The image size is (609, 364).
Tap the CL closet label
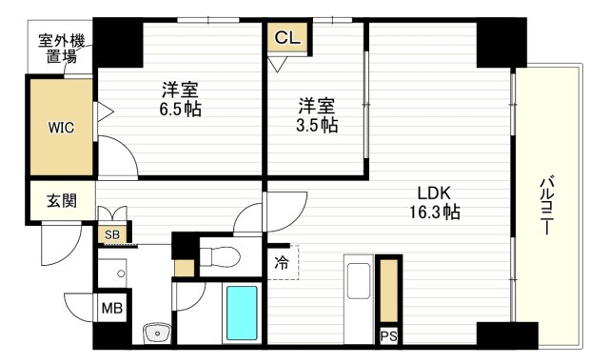(286, 38)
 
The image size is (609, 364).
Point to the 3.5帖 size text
(316, 125)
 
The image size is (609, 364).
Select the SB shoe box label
(112, 233)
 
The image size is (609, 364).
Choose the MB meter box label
(112, 310)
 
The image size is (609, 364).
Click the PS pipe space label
(388, 336)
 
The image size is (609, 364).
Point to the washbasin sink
(154, 333)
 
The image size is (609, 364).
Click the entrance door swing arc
(55, 250)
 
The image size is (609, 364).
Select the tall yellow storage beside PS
(388, 291)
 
